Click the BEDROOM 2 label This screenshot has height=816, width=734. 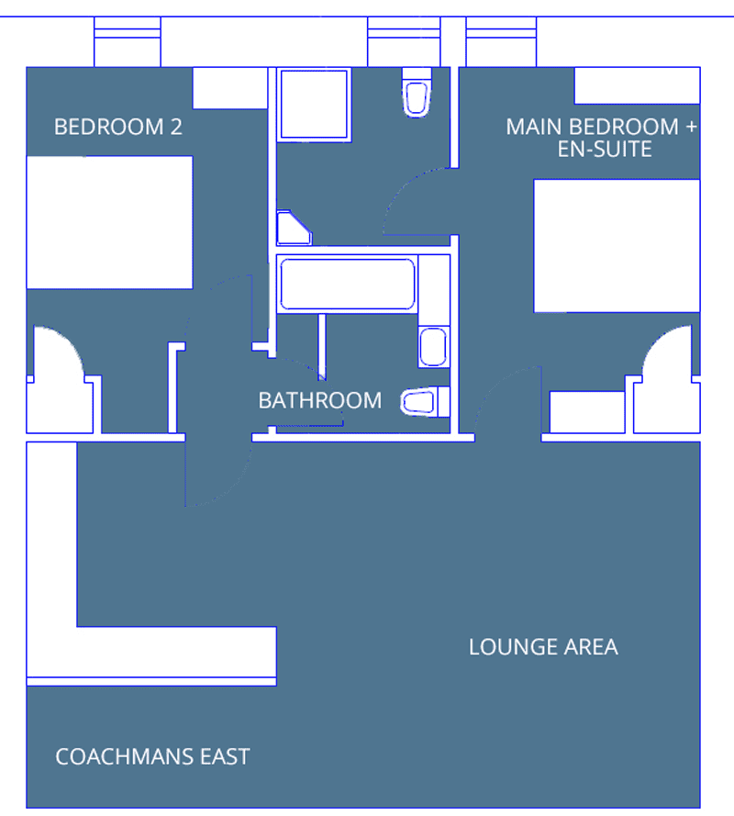point(118,127)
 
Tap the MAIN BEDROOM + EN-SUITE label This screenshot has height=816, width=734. point(601,138)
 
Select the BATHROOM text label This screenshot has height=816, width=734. point(319,400)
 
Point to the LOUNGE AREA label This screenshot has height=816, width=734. point(543,647)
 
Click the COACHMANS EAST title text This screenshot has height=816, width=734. point(152,757)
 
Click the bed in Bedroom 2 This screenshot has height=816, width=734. point(109,222)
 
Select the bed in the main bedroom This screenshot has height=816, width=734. point(617,246)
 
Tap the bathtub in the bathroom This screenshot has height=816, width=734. point(347,285)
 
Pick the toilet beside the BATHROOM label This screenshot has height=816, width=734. point(424,401)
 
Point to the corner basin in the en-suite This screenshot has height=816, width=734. point(293,229)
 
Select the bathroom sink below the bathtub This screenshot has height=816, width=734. point(433,347)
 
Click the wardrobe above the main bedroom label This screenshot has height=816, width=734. point(637,85)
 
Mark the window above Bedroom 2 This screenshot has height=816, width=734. point(128,41)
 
